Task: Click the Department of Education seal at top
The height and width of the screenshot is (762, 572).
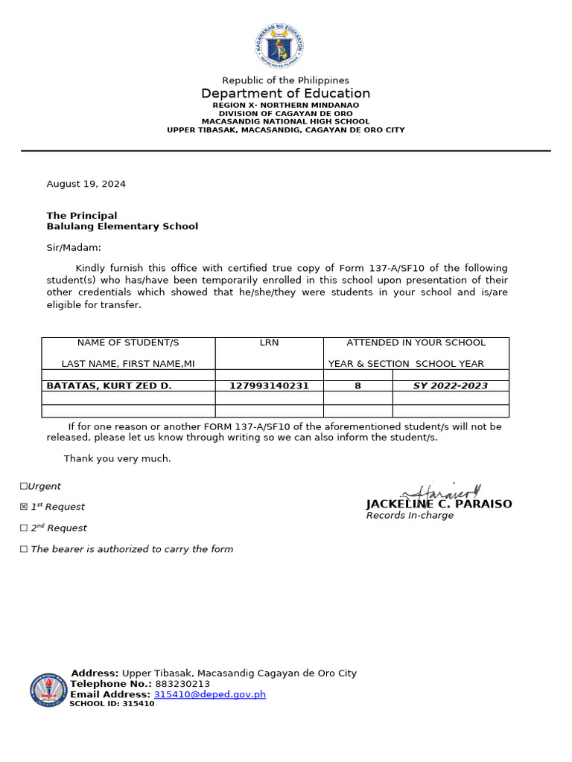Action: click(279, 47)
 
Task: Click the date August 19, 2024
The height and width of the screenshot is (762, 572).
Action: click(86, 184)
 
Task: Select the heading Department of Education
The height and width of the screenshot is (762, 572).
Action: click(285, 93)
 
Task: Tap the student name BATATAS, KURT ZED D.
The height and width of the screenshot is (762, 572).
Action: click(109, 386)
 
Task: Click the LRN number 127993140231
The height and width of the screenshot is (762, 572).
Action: click(269, 386)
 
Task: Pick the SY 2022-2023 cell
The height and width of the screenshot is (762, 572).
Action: click(451, 386)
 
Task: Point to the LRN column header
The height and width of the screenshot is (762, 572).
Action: click(269, 343)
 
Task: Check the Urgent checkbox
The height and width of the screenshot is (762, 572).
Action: click(24, 487)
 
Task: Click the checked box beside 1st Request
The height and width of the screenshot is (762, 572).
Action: click(24, 508)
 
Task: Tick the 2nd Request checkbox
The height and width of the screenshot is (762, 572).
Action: click(24, 528)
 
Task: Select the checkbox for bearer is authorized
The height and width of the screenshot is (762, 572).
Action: click(24, 550)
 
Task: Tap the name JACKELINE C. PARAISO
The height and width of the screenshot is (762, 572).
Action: click(439, 505)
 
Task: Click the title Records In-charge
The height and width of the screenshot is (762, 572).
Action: click(410, 516)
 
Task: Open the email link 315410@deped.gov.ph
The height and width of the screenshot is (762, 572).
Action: click(209, 694)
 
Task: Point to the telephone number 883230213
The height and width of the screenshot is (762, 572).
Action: click(182, 684)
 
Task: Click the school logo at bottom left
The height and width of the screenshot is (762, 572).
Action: click(48, 690)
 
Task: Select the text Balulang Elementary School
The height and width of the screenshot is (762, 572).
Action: click(122, 226)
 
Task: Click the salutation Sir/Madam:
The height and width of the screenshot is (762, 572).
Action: click(74, 247)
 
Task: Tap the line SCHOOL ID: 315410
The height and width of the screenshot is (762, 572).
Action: click(112, 704)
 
